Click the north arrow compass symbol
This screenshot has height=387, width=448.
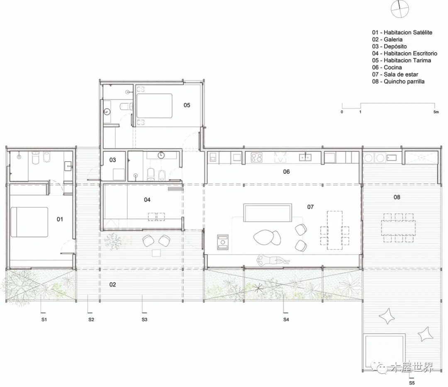click(400, 9)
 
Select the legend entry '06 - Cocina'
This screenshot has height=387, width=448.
click(387, 68)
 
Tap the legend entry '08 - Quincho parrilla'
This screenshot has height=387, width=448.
click(398, 81)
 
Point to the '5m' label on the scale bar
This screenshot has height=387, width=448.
click(436, 112)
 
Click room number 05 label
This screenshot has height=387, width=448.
click(187, 105)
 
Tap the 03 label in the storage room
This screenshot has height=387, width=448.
click(112, 160)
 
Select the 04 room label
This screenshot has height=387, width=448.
click(147, 200)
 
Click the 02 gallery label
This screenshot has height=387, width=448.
click(112, 285)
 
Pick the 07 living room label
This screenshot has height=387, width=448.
click(310, 207)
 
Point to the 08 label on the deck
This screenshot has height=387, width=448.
click(397, 197)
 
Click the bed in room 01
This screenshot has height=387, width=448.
click(29, 222)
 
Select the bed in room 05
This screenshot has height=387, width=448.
click(154, 106)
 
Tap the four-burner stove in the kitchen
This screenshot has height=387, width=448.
click(257, 157)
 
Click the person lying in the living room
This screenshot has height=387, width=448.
click(273, 260)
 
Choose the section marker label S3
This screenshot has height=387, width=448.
click(144, 319)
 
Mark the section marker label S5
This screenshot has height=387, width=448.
click(412, 383)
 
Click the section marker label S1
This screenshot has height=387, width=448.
click(44, 319)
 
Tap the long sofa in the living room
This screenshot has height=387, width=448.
click(268, 212)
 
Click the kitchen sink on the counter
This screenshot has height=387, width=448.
click(305, 157)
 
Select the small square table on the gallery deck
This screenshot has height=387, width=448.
click(156, 253)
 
